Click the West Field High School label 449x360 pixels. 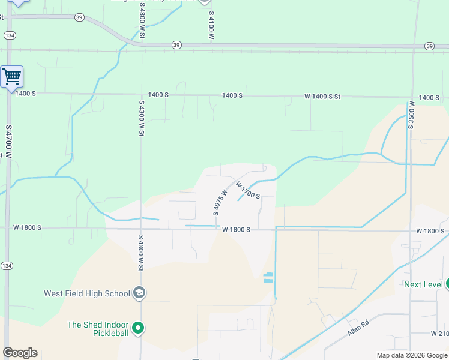(87, 293)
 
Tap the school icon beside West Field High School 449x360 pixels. (139, 293)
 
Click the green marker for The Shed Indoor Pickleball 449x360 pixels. (138, 328)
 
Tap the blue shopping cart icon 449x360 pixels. (11, 77)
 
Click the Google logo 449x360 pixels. (20, 353)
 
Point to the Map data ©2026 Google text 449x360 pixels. (411, 355)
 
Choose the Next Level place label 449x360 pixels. (423, 284)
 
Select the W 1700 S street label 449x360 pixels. (247, 190)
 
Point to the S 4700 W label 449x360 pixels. (8, 142)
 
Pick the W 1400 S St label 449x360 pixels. (322, 96)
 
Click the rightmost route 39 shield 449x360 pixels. (429, 46)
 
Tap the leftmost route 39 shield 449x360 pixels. (80, 19)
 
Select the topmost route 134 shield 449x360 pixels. (9, 35)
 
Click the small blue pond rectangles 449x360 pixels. (268, 277)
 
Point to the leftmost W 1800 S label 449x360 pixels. (28, 227)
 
